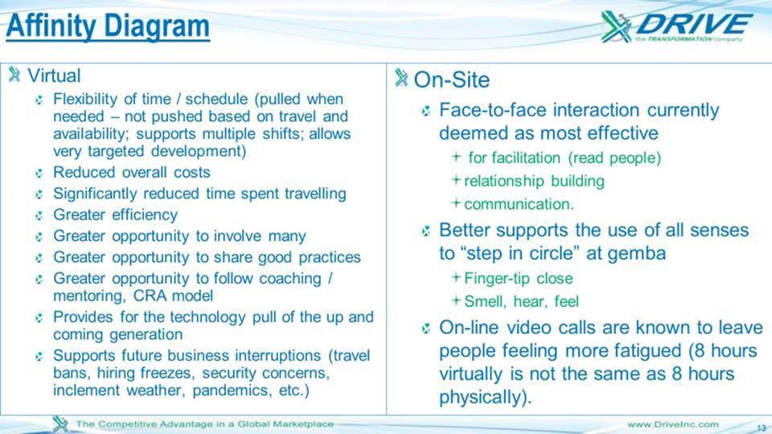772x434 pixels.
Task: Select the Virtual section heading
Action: [54, 76]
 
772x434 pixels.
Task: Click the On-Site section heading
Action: [451, 80]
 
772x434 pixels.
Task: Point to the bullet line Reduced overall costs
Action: [131, 172]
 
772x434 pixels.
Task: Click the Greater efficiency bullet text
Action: [115, 215]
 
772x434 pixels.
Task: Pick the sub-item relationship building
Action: [534, 181]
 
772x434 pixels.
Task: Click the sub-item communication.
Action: [519, 203]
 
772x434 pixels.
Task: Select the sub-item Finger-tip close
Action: [519, 279]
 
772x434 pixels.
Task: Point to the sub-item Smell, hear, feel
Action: [521, 301]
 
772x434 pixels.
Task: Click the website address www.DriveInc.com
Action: [673, 424]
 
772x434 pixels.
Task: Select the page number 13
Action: [762, 428]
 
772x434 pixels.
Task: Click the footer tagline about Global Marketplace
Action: [205, 424]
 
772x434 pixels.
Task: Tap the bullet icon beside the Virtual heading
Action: [14, 75]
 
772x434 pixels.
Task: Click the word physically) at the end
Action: [486, 397]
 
